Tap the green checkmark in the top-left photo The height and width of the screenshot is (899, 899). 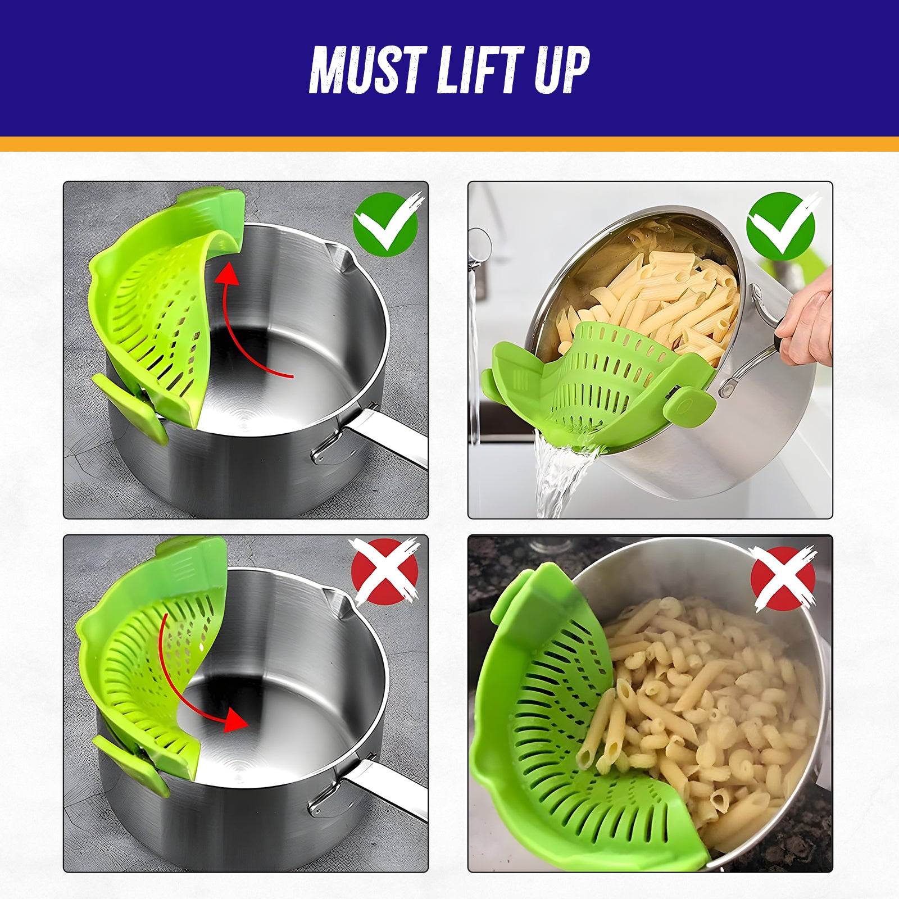pos(386,224)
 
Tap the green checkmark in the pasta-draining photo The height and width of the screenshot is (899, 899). pos(780,225)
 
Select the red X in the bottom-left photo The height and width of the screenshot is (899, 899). pos(384,571)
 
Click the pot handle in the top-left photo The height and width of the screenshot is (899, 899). pos(388,438)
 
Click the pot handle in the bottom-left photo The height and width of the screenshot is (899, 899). pos(388,787)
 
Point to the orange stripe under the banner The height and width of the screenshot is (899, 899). pos(449,144)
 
